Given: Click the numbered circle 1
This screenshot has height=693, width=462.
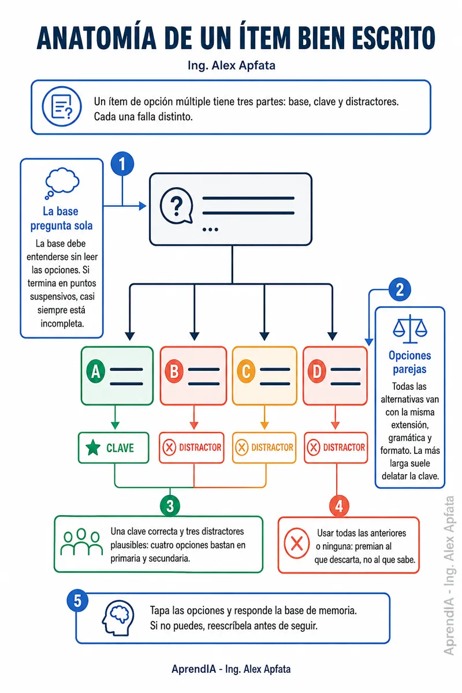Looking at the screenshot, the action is pos(122,163).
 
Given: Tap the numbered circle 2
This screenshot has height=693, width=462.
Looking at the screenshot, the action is pos(400,289).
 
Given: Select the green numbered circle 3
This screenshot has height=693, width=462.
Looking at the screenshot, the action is pos(170,505).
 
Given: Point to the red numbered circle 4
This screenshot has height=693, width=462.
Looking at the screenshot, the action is pos(339,506).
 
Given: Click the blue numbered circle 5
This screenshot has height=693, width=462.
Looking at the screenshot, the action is pos(77,601).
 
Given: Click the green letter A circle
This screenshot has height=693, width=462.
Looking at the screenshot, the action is pos(96,371).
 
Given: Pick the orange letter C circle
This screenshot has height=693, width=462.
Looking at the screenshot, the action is pos(246,371).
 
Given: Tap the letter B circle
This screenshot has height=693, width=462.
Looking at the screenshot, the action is pos(174,371).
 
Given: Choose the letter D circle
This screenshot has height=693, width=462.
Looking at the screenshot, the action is pos(317,371).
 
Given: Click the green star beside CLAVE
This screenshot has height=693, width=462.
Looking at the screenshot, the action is pos(93,448).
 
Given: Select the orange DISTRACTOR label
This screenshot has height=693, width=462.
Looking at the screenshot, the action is pos(264,448).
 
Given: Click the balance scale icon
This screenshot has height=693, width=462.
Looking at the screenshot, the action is pos(410,329).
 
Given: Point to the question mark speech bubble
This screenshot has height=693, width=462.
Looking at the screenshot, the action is pos(176,206).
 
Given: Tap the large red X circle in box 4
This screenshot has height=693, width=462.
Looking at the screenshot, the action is pos(296,543).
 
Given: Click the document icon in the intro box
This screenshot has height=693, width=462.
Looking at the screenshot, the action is pos(62,106).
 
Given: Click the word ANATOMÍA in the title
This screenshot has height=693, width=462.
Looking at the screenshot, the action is pos(96,38).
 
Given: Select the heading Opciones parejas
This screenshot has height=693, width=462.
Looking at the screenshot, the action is pos(409,362).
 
